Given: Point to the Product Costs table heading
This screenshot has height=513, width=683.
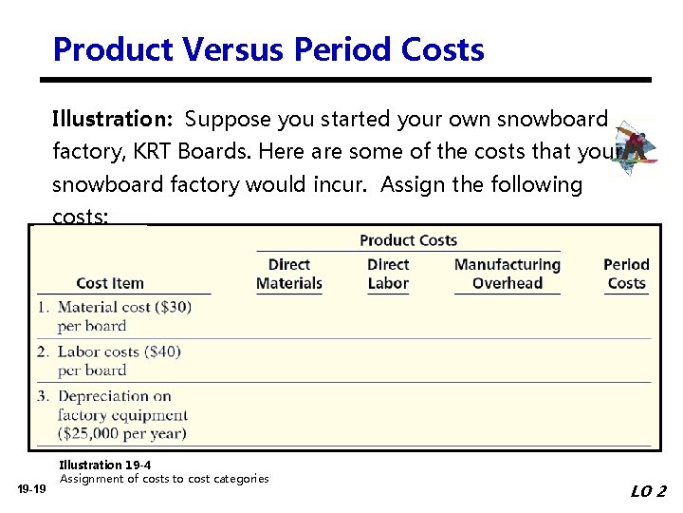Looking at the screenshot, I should coord(408,240).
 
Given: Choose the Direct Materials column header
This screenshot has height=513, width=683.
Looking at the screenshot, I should coord(289,274).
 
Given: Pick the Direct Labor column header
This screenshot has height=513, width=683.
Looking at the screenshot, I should coord(388,274).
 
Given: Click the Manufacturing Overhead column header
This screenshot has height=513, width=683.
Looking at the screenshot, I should coord(508,274).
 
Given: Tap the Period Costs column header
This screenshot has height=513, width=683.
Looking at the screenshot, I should coord(626,274).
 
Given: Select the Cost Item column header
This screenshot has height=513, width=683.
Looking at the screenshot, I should coord(110,283).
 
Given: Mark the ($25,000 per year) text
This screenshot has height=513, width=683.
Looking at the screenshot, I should coord(122,433).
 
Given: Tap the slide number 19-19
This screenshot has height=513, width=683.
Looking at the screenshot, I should coord(32,488).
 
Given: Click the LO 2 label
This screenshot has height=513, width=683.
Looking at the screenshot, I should coord(648,491).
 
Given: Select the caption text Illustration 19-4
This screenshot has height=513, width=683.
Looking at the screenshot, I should coord(103,465).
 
